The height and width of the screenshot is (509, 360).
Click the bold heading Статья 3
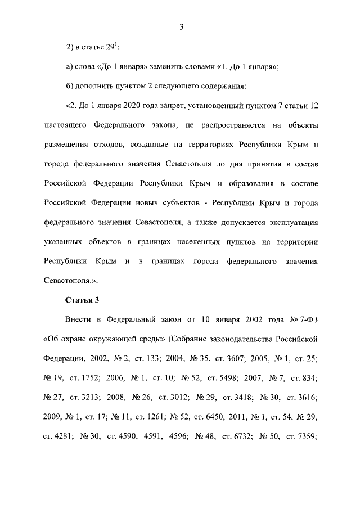point(83,299)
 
